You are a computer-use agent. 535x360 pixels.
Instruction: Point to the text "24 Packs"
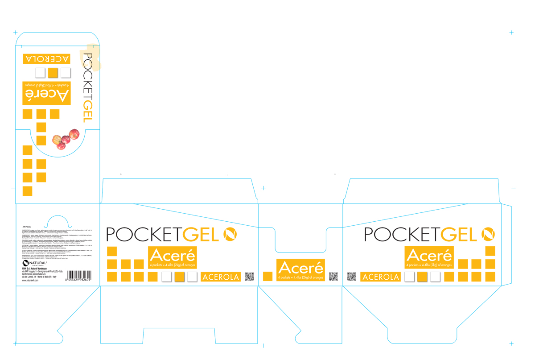coord(26,227)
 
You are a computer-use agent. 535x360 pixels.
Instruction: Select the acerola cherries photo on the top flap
coord(66,139)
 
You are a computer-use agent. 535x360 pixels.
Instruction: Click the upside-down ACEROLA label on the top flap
coord(46,59)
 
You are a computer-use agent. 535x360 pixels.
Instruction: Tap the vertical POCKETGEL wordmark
coord(87,87)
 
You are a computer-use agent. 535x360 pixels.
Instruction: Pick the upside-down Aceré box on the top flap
coord(46,93)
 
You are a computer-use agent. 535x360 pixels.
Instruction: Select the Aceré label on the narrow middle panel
coord(300,270)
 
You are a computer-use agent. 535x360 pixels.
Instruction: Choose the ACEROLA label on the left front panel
coord(221,277)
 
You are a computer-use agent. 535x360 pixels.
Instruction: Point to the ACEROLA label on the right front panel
coord(381,277)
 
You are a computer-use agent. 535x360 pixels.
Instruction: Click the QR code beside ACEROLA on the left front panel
coord(249,277)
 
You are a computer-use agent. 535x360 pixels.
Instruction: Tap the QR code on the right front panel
coord(351,277)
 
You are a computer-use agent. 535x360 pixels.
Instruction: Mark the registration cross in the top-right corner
coord(511,32)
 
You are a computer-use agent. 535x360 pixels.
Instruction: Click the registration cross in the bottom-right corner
coord(511,344)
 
